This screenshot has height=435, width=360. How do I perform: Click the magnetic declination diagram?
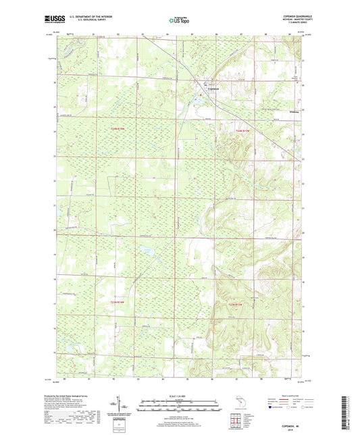[126, 407]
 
